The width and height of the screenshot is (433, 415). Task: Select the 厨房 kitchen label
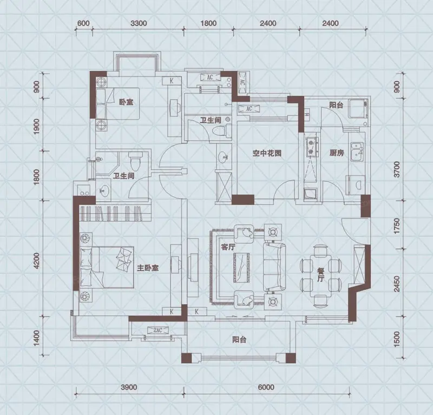(336, 153)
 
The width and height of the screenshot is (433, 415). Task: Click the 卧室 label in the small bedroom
(126, 101)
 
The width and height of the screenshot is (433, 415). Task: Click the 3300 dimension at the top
(139, 23)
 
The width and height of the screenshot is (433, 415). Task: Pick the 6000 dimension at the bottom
(266, 387)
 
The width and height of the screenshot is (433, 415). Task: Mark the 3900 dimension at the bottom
(128, 387)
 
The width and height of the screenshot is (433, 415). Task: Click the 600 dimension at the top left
(83, 23)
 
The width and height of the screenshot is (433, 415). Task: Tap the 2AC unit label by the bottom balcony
(158, 331)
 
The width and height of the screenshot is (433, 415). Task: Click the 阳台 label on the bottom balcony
(239, 340)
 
